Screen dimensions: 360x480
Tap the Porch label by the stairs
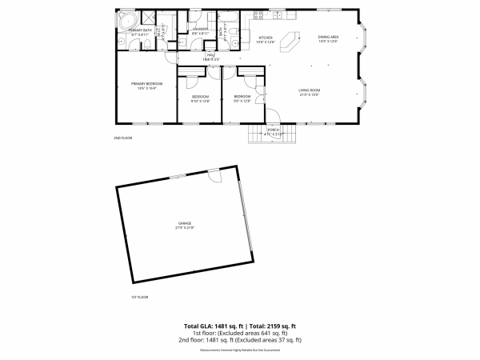click(x=274, y=131)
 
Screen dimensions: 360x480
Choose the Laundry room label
click(x=200, y=30)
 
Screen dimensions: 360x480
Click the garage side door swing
click(x=213, y=175)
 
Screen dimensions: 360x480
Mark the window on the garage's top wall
click(x=178, y=176)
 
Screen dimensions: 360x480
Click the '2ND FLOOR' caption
click(x=122, y=138)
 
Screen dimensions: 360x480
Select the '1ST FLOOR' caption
click(x=139, y=297)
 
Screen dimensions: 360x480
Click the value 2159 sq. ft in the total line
click(x=281, y=326)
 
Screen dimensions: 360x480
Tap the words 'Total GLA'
click(x=199, y=326)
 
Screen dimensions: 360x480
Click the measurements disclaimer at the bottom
click(x=240, y=350)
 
